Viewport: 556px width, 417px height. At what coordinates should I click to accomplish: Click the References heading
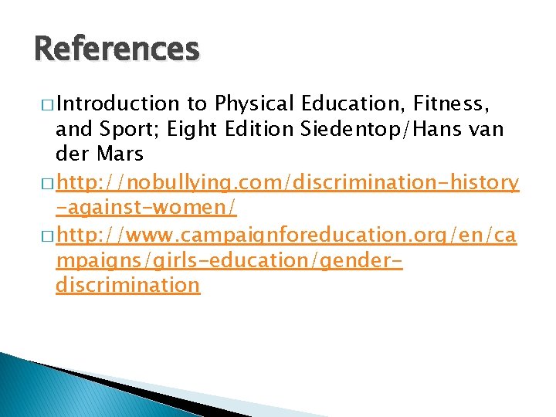pyautogui.click(x=117, y=49)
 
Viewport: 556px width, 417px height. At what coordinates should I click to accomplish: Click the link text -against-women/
pyautogui.click(x=146, y=208)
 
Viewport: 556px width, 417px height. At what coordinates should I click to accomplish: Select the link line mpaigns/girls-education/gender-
pyautogui.click(x=229, y=260)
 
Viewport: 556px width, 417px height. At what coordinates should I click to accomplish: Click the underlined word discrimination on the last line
pyautogui.click(x=127, y=285)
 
